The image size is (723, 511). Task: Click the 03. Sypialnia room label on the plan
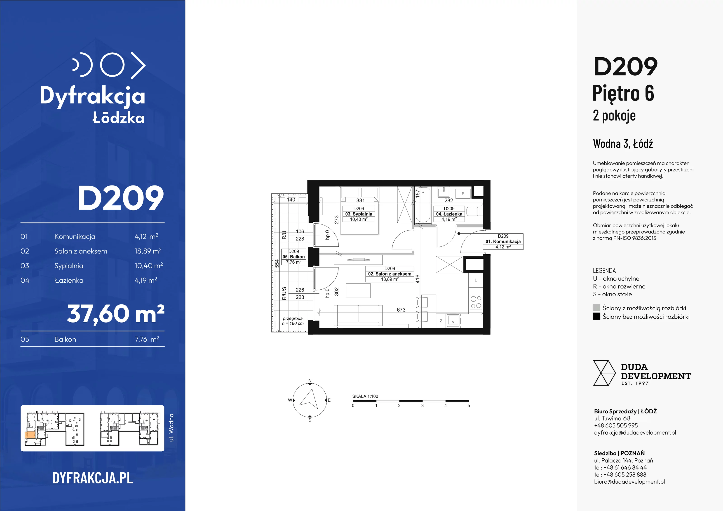click(359, 214)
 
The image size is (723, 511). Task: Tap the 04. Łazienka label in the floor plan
click(449, 214)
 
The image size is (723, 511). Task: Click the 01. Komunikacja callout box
click(503, 241)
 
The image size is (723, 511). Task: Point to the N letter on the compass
click(310, 380)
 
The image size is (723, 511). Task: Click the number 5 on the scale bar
click(469, 406)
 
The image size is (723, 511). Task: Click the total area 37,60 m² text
click(115, 314)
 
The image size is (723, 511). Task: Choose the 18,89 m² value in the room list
click(148, 251)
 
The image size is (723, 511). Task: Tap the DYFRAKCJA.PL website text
click(93, 478)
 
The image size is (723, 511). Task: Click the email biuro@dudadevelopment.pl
click(629, 481)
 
